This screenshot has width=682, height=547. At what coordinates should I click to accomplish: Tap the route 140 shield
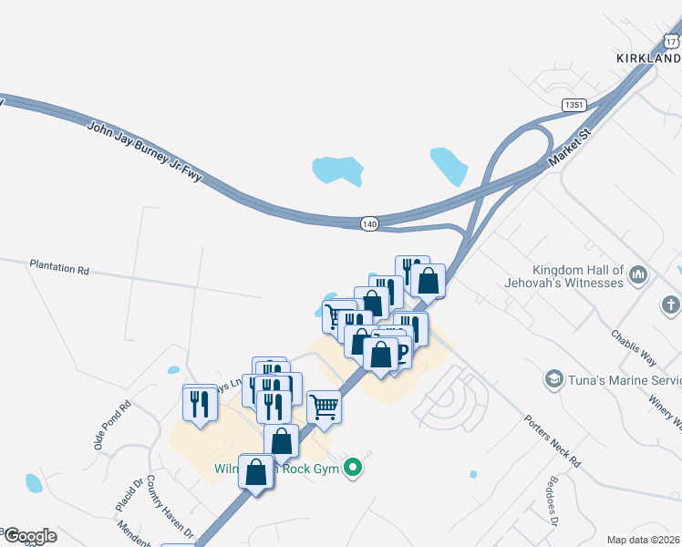[369, 223]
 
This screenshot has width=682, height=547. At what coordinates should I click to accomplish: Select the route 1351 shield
[573, 106]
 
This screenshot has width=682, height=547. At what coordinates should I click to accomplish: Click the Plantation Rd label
[59, 270]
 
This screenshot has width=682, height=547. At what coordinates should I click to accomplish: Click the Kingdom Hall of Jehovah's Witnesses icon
[638, 273]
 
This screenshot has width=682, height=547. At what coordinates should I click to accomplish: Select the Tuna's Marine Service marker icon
[553, 378]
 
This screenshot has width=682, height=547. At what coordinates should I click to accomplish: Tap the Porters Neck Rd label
[553, 441]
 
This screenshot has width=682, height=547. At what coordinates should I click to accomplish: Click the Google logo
[29, 536]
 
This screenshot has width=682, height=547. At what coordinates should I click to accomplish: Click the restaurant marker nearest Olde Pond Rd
[200, 403]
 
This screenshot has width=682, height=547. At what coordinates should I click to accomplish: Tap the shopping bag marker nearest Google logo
[256, 471]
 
